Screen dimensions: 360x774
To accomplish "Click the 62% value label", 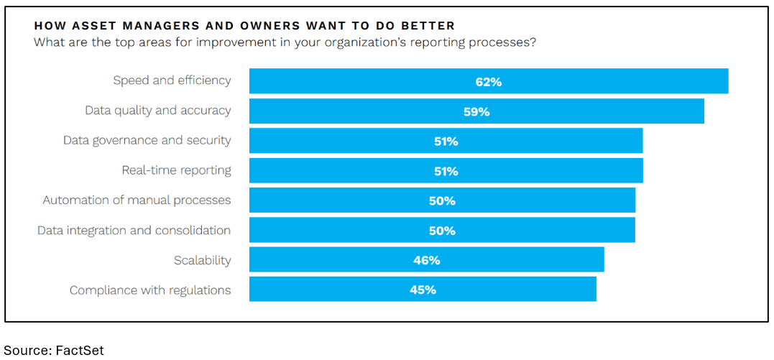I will click(x=488, y=82).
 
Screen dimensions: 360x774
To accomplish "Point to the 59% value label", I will click(x=476, y=112).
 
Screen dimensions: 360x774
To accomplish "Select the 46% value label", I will click(x=426, y=260).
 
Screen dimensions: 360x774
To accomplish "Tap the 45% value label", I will click(x=423, y=290).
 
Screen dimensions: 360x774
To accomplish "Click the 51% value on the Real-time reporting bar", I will click(x=446, y=171).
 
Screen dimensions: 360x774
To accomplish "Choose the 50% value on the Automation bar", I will click(x=442, y=201).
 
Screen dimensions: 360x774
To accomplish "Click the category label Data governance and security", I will click(x=147, y=140).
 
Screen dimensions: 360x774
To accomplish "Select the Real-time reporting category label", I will click(x=176, y=170).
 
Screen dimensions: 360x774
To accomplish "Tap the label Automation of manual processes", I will click(x=137, y=200).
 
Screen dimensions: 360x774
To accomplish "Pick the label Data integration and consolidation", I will click(x=134, y=230).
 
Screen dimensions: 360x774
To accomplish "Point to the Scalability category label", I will click(x=202, y=260).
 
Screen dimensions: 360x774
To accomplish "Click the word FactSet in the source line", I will click(x=80, y=351).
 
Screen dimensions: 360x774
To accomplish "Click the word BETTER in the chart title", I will click(x=428, y=26).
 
